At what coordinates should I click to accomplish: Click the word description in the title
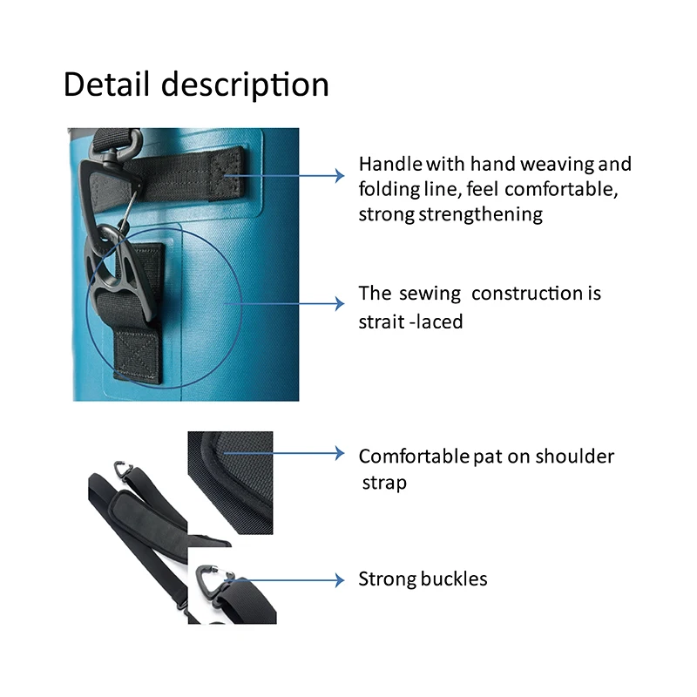pyautogui.click(x=246, y=86)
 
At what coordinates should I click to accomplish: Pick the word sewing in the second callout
pyautogui.click(x=430, y=294)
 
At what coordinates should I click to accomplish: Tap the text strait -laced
pyautogui.click(x=410, y=321)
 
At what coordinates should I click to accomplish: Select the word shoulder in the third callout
pyautogui.click(x=575, y=456)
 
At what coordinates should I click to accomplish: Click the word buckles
pyautogui.click(x=454, y=579)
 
